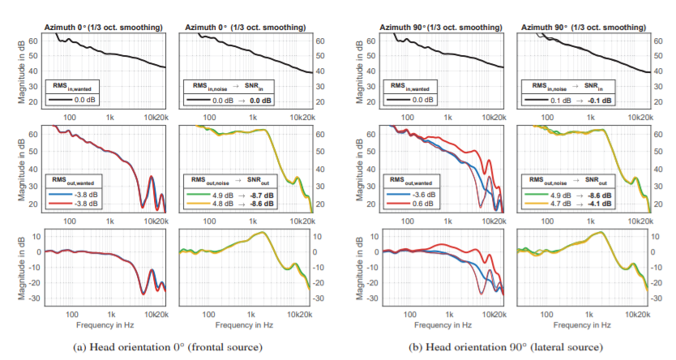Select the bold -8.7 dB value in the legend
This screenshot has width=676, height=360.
click(261, 195)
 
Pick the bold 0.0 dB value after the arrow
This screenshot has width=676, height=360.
click(261, 100)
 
